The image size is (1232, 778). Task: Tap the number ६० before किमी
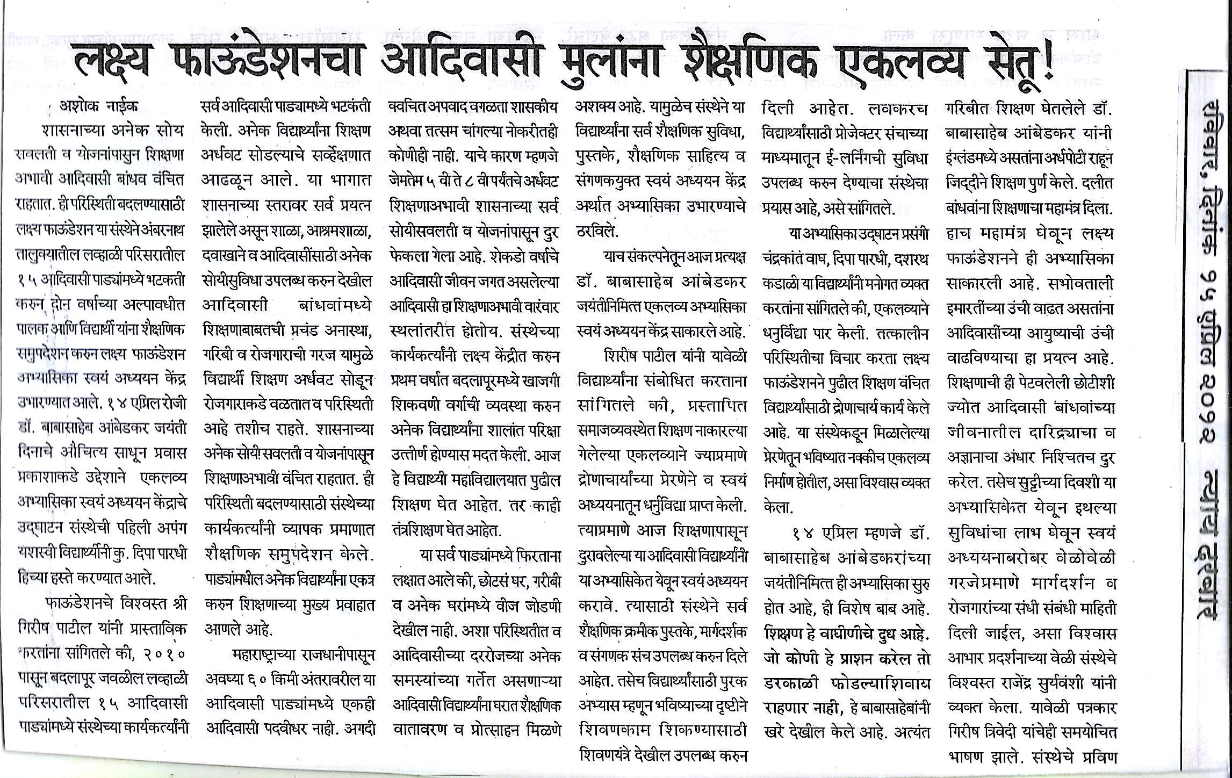coord(256,680)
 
